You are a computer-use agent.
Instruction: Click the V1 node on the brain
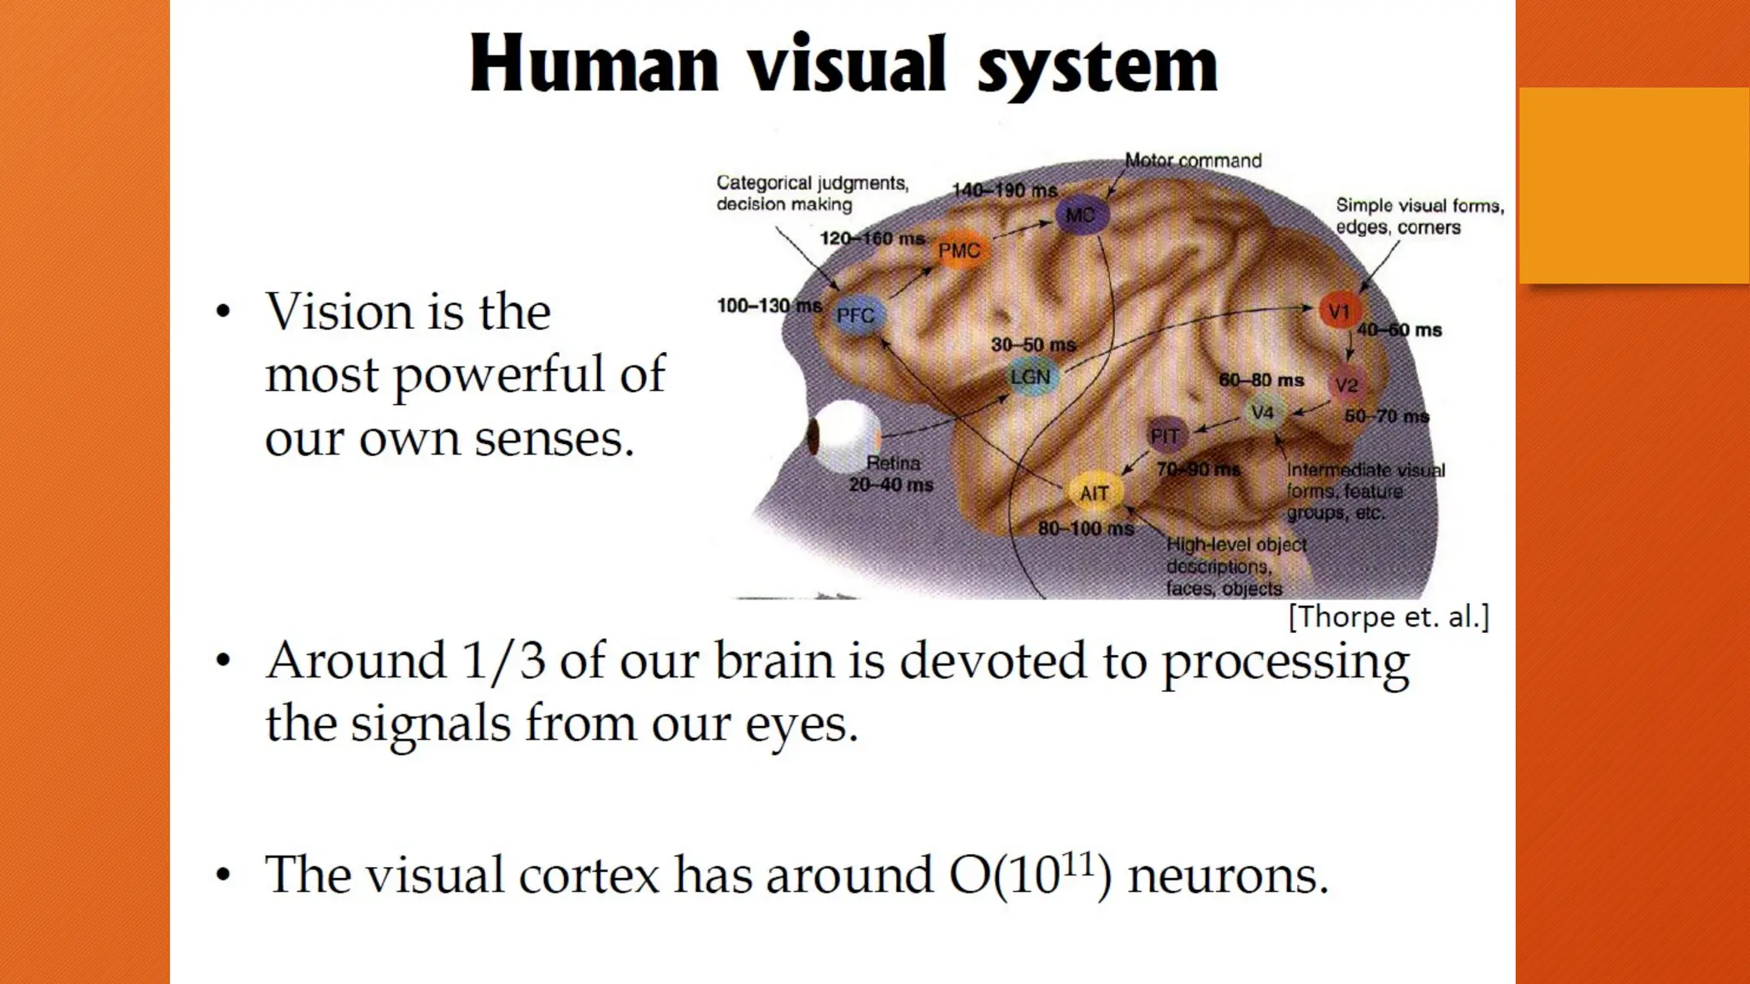click(x=1339, y=312)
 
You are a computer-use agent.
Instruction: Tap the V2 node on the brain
click(x=1347, y=385)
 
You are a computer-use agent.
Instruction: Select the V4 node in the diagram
click(x=1262, y=413)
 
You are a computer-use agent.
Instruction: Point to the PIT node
click(x=1165, y=436)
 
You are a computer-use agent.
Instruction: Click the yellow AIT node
click(x=1095, y=493)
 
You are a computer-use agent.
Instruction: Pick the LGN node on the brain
click(x=1031, y=378)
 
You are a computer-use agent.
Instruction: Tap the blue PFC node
click(x=855, y=315)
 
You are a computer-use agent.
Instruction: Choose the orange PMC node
click(x=960, y=250)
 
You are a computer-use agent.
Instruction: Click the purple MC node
click(x=1081, y=214)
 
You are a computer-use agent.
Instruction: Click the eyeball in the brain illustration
click(x=842, y=436)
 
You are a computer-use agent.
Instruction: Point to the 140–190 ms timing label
click(x=1005, y=190)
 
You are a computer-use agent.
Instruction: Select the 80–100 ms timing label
click(x=1085, y=529)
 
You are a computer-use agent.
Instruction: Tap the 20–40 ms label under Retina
click(x=891, y=485)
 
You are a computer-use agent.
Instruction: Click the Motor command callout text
click(x=1193, y=161)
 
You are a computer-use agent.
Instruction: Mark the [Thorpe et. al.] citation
click(x=1389, y=617)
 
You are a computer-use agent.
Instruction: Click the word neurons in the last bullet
click(x=1228, y=876)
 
